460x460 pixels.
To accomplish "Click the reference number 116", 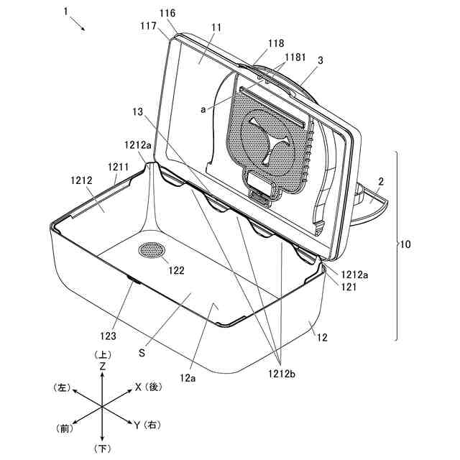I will point(167,14).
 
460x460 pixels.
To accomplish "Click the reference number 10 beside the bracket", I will point(406,244).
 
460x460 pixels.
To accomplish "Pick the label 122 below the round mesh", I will point(177,270).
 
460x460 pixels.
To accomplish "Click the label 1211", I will point(119,167).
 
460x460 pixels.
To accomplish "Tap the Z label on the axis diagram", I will point(103,366).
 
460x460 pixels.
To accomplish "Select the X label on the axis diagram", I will point(138,387).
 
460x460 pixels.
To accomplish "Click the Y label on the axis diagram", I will point(137,425).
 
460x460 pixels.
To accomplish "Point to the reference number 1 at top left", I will point(65,12).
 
